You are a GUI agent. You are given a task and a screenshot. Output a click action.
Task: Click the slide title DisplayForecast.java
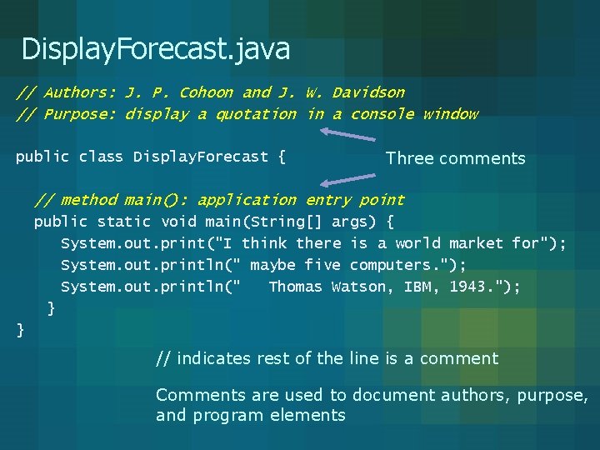[x=156, y=49]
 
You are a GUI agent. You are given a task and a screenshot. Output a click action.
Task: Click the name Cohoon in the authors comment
[x=207, y=92]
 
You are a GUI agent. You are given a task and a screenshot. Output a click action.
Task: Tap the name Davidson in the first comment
[x=368, y=92]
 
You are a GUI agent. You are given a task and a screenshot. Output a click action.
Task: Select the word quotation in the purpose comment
[x=256, y=114]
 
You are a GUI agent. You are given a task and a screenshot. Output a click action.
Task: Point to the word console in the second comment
[x=382, y=114]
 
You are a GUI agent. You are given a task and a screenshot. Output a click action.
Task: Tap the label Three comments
[x=456, y=158]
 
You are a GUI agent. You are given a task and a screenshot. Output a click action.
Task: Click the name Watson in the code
[x=359, y=287]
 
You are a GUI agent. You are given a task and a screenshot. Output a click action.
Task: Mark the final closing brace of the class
[x=21, y=330]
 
